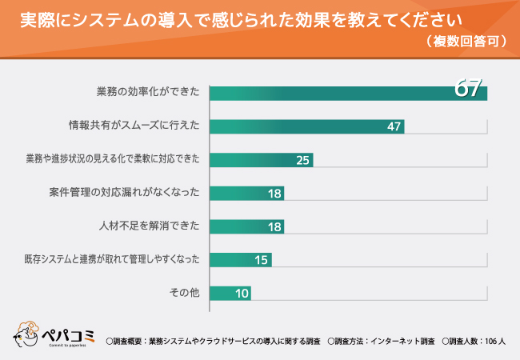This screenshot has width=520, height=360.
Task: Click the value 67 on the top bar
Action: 469,88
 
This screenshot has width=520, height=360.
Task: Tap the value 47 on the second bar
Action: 393,126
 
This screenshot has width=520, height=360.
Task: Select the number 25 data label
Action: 302,160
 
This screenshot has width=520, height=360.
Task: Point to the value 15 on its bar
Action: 261,259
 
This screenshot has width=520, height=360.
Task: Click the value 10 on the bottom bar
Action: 241,293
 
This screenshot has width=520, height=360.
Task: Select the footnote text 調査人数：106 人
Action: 477,342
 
